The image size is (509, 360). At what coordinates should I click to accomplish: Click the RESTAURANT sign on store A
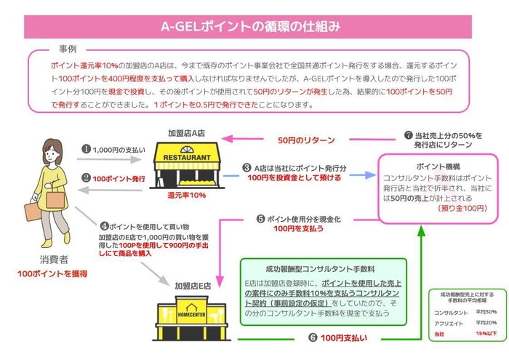click(188, 157)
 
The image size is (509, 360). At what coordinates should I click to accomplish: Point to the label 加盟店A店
click(188, 134)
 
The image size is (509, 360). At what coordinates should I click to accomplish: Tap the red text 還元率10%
click(187, 195)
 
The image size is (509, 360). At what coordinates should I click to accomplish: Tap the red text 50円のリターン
click(303, 140)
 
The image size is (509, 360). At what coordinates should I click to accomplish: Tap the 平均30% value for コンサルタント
click(485, 313)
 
